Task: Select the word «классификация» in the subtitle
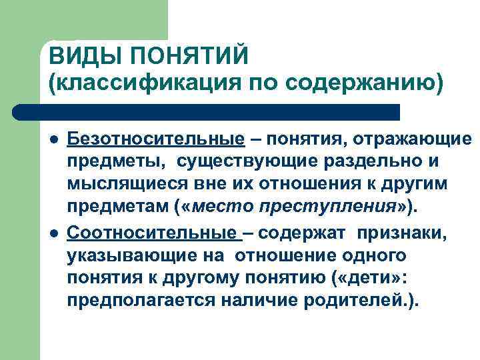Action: pyautogui.click(x=139, y=83)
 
